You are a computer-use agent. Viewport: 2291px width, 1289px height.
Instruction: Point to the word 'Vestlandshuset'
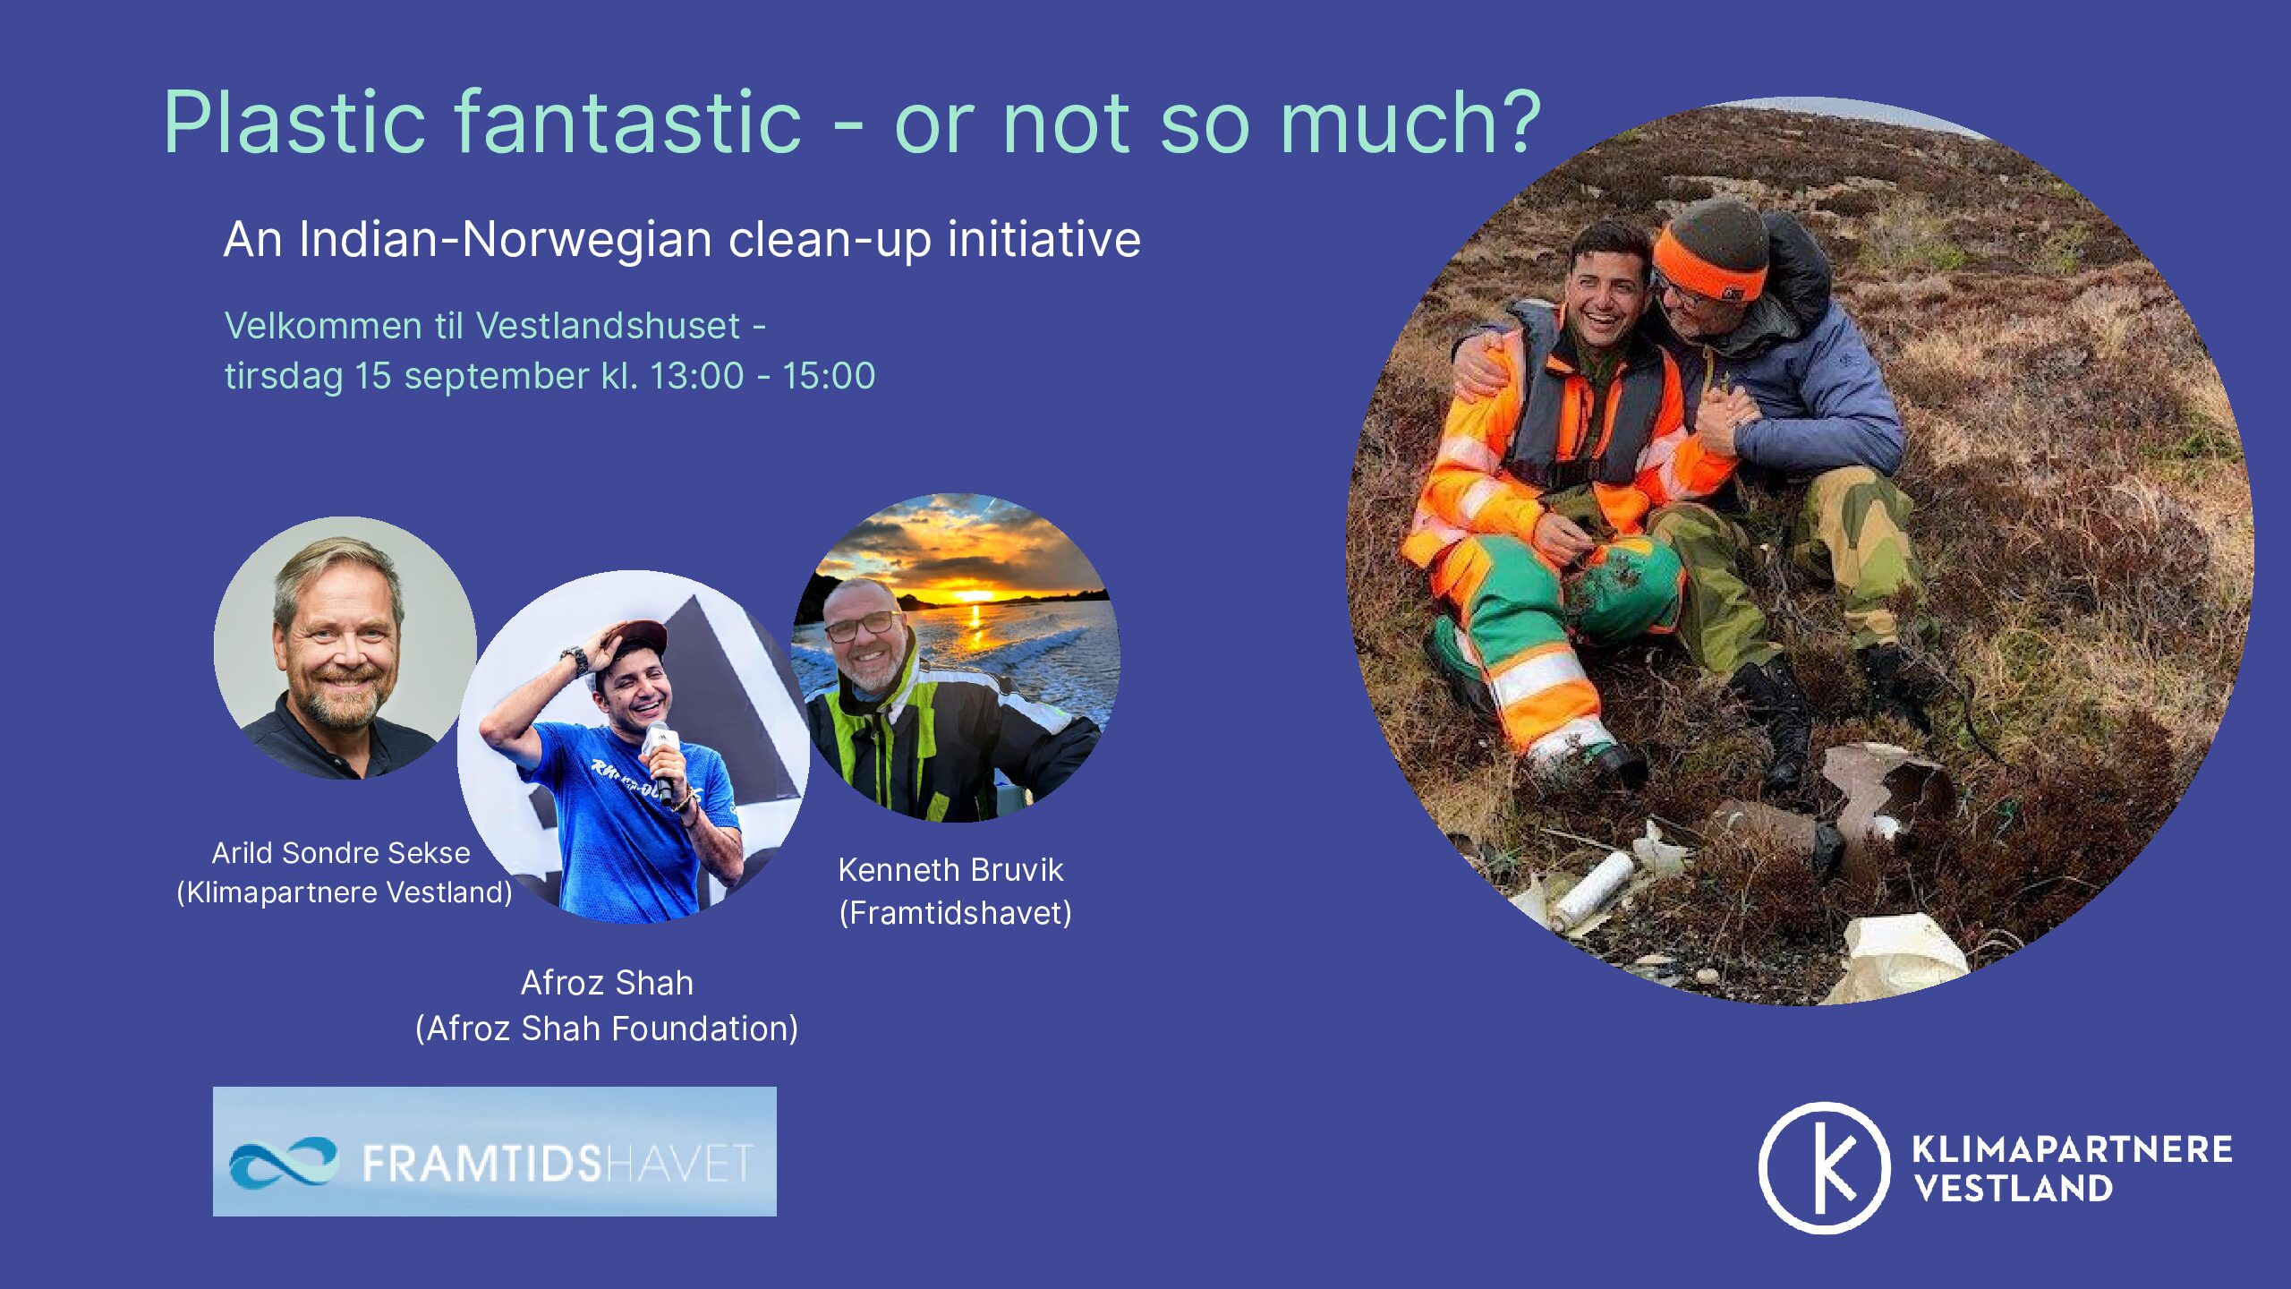608,326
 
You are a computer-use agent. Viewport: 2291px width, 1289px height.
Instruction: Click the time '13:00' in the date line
696,376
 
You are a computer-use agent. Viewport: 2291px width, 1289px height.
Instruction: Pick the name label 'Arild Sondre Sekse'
341,852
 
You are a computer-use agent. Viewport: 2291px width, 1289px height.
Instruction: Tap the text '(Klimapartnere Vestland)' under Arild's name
345,892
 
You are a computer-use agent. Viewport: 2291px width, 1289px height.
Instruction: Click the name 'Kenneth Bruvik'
950,870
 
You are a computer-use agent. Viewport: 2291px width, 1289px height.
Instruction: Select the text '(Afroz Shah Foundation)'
607,1029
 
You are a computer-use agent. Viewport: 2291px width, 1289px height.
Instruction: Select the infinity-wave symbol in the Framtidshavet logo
284,1162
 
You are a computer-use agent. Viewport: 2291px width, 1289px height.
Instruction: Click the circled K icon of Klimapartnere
1824,1168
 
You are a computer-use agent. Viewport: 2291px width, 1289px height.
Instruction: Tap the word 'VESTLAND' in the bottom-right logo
2014,1189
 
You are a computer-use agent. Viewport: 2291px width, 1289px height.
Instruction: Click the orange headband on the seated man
1706,267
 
